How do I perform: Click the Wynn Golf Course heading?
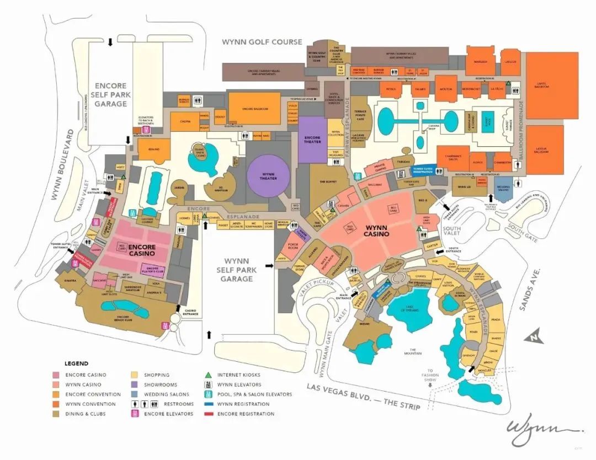click(262, 42)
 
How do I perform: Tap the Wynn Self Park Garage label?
click(236, 270)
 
